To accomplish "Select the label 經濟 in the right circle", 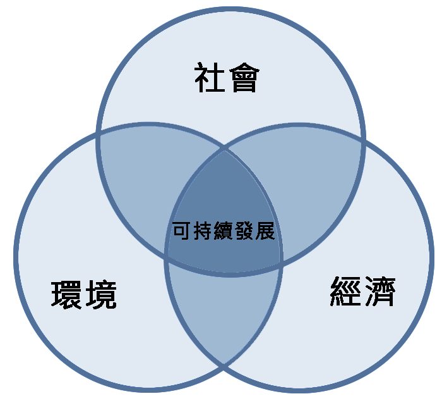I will [x=363, y=293].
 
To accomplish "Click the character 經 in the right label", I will [x=347, y=293].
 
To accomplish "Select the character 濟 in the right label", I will [x=380, y=293].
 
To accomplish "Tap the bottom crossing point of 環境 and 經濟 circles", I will [x=224, y=365].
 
